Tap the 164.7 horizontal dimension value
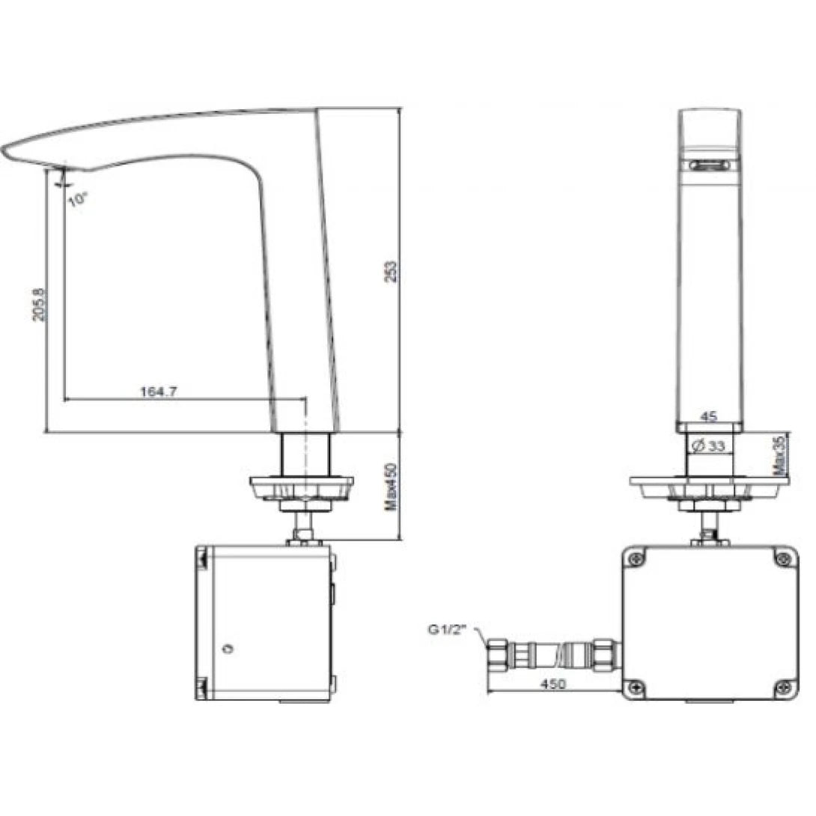coord(158,391)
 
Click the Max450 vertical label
coord(389,485)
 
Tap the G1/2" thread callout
coord(447,630)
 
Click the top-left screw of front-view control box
coord(636,557)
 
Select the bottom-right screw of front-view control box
coord(783,684)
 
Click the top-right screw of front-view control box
coord(783,557)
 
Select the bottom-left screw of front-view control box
coord(636,684)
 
